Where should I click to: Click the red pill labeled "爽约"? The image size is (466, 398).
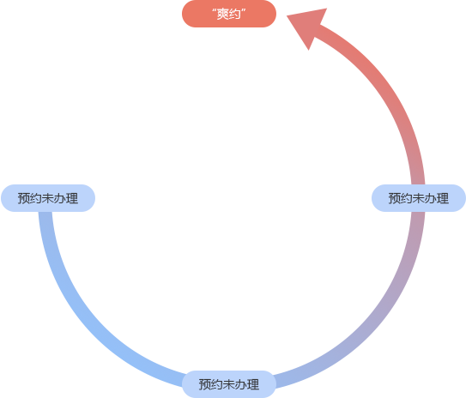(229, 14)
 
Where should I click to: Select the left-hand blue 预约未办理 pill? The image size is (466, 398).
(48, 198)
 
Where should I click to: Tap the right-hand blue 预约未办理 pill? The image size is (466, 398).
(419, 198)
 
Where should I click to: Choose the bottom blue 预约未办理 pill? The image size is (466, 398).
(229, 384)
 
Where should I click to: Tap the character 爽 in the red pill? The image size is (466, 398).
(222, 14)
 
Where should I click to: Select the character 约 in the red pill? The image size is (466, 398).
(235, 14)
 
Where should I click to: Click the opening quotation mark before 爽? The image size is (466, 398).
(215, 11)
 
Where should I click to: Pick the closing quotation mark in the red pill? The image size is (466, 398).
(244, 11)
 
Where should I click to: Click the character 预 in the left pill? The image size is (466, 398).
(24, 198)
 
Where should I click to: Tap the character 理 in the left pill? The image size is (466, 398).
(72, 198)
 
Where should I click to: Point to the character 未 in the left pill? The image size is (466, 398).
(48, 198)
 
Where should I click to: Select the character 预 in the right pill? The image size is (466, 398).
(395, 198)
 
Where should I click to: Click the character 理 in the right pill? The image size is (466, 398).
(443, 198)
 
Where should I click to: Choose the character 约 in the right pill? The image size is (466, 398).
(407, 198)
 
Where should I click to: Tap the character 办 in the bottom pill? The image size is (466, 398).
(241, 384)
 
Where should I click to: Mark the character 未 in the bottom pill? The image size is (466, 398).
(229, 384)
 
